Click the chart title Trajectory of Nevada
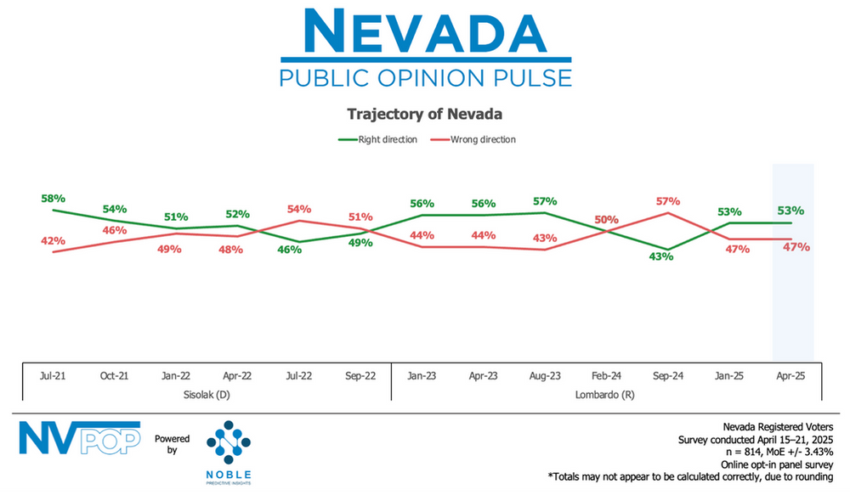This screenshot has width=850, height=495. click(x=424, y=113)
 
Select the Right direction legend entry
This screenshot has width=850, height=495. click(x=377, y=139)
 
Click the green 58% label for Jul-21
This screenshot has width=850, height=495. click(x=53, y=197)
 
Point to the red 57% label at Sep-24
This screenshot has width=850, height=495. click(x=667, y=201)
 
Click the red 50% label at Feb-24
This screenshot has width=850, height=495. click(x=606, y=220)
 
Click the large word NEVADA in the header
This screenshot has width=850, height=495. click(x=425, y=31)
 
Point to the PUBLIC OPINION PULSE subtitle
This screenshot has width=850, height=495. click(x=425, y=78)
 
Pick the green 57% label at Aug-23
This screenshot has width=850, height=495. click(x=544, y=201)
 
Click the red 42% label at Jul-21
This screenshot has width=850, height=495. click(x=53, y=240)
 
